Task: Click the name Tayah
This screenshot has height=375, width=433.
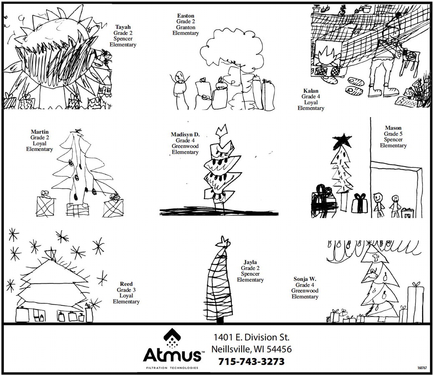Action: (x=123, y=27)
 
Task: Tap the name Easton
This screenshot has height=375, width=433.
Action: (x=186, y=16)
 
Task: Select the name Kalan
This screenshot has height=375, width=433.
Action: (x=311, y=91)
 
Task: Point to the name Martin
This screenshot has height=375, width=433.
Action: (x=40, y=132)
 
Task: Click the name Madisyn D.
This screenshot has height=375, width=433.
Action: (x=185, y=135)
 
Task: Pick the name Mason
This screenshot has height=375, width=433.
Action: (x=393, y=128)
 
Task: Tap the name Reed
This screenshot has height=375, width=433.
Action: (x=126, y=284)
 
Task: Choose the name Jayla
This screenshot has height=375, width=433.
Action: (x=250, y=262)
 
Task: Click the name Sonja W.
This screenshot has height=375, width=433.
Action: (x=305, y=279)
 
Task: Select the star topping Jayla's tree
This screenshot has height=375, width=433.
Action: (x=223, y=242)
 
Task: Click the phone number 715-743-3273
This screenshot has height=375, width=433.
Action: (x=251, y=362)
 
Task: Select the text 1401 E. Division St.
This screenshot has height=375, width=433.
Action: (x=251, y=337)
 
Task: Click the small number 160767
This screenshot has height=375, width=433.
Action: (x=422, y=368)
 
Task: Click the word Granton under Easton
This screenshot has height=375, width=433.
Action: (x=186, y=27)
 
